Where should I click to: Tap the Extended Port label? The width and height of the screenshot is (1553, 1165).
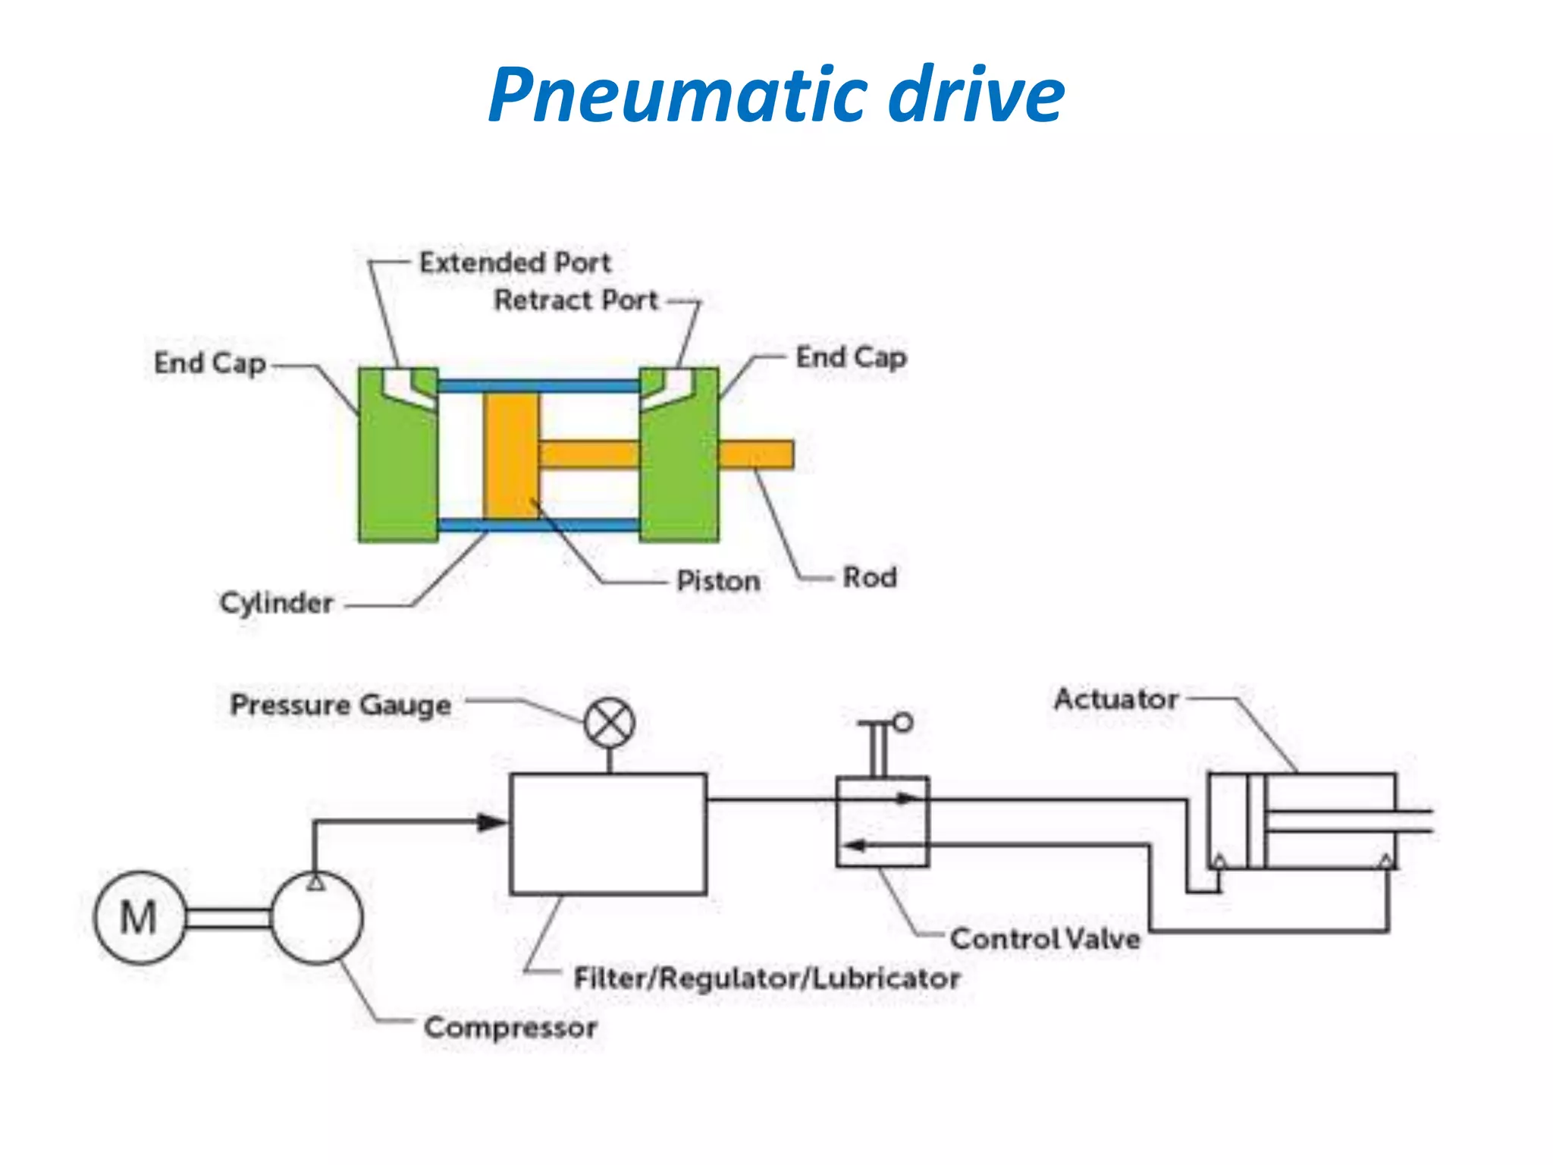pos(515,263)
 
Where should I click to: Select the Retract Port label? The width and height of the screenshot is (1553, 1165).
pos(576,300)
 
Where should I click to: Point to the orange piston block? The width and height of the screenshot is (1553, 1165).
pos(510,455)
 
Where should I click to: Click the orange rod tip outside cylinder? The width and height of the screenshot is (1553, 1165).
pos(756,454)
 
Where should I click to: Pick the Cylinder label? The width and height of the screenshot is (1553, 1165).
pos(277,604)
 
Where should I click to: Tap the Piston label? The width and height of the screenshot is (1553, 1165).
pos(717,582)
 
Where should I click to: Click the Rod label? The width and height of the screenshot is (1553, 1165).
pos(870,578)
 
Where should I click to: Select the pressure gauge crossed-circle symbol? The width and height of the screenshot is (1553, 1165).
pos(610,723)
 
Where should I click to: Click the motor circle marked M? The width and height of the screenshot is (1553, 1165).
pos(140,917)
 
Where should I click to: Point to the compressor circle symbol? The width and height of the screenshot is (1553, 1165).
pos(316,918)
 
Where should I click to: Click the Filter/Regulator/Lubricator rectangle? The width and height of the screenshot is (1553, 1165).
pos(608,834)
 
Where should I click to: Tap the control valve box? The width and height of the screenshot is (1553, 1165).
pos(882,821)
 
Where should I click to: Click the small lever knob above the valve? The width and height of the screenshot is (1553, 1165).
pos(902,723)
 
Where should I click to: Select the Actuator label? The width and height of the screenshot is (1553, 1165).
pos(1116,699)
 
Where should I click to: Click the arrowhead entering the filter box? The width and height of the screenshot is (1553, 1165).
pos(491,822)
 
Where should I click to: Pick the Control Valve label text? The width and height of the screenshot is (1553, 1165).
pos(1045,939)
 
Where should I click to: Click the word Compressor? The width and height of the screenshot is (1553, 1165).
pos(510,1028)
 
